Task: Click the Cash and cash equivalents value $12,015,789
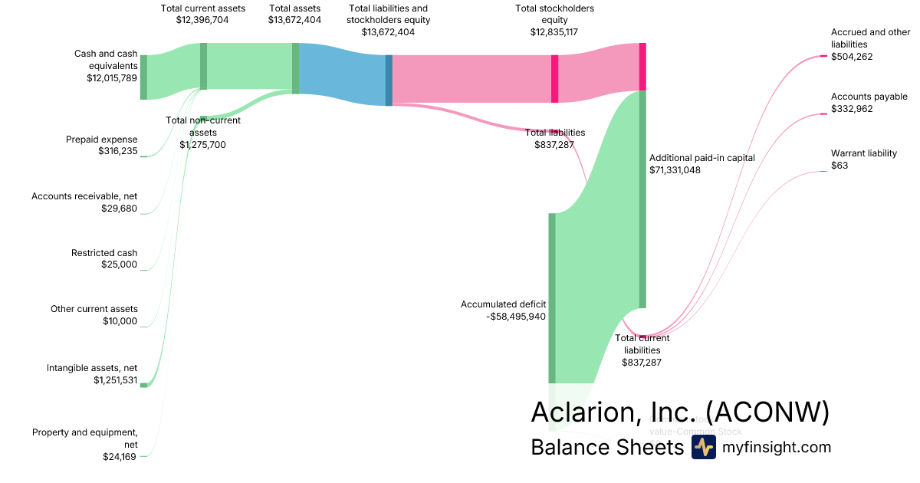112,78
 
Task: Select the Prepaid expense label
102,140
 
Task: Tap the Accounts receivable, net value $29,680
119,208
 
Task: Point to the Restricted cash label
104,253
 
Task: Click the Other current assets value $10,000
120,321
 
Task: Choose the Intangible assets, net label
92,368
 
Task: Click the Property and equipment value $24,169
120,457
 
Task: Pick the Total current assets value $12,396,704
203,20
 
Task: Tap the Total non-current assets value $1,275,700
203,144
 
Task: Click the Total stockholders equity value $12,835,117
555,32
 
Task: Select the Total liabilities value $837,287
555,144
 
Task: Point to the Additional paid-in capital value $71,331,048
674,170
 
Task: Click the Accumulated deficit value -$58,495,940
516,316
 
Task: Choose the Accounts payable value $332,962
852,109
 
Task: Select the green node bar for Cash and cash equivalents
143,77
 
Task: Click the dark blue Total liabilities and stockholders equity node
389,80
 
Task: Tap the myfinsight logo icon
703,448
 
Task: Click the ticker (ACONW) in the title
767,412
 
